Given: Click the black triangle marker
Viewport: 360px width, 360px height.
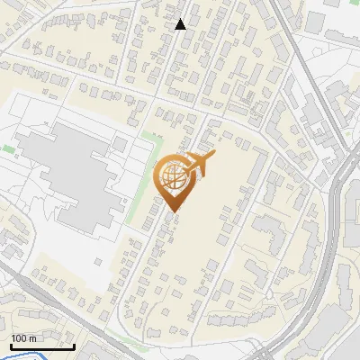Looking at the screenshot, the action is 181,24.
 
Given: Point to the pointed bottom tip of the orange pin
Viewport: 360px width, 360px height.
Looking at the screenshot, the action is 172,211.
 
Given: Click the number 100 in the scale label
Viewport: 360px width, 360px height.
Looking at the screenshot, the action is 21,338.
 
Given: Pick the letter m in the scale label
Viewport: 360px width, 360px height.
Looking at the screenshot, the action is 33,338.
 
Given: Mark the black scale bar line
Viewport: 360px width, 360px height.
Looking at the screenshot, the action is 42,346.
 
